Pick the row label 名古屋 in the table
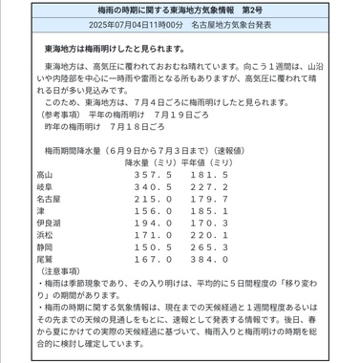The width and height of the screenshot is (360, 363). (x=50, y=203)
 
